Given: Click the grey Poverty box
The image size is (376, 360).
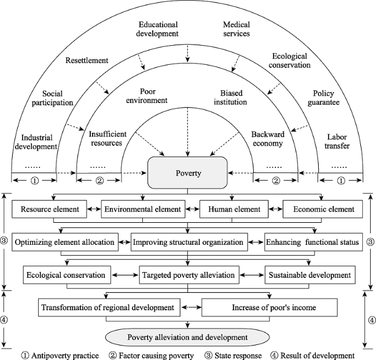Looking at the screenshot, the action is [x=187, y=173].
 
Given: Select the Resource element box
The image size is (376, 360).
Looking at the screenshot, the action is [x=49, y=209].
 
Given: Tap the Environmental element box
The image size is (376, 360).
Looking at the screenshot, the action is [x=143, y=209].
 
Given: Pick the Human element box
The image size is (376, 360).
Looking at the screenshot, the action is [x=234, y=209].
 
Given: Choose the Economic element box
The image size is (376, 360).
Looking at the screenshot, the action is [x=323, y=209].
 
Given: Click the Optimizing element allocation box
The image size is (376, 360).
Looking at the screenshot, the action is [x=65, y=242].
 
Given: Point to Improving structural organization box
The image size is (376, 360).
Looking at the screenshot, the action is [x=189, y=242].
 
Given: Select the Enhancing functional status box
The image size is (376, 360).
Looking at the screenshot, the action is [x=314, y=242].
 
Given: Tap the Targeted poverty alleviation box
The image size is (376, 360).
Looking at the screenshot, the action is [x=189, y=275].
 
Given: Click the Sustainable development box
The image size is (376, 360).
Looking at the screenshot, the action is [x=310, y=275].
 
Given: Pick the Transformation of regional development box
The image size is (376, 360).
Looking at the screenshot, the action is [x=109, y=307].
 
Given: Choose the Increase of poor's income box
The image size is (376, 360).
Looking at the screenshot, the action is [x=270, y=307].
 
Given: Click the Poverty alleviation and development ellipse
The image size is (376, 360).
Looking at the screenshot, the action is [x=187, y=337].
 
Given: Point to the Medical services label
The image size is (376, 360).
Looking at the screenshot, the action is [x=237, y=29].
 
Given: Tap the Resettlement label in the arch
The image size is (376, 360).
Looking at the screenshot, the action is [x=87, y=60].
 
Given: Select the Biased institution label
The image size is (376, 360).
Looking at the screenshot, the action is [x=230, y=97].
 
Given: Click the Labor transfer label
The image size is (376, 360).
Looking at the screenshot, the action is [x=337, y=141].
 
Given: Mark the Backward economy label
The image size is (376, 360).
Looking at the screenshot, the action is [x=268, y=139].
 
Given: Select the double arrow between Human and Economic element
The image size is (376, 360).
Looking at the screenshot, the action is [x=276, y=209].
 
